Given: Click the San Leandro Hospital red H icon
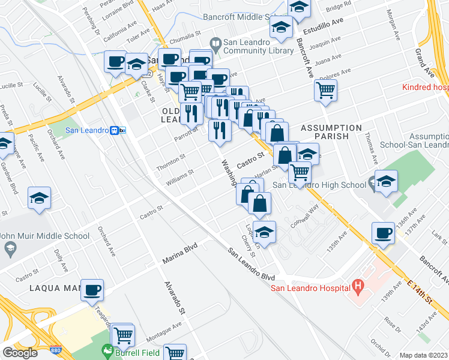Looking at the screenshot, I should pyautogui.click(x=358, y=287).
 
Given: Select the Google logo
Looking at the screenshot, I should pyautogui.click(x=20, y=353).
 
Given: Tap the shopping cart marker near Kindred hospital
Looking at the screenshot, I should pyautogui.click(x=325, y=91).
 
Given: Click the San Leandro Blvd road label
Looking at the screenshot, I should pyautogui.click(x=250, y=264).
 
